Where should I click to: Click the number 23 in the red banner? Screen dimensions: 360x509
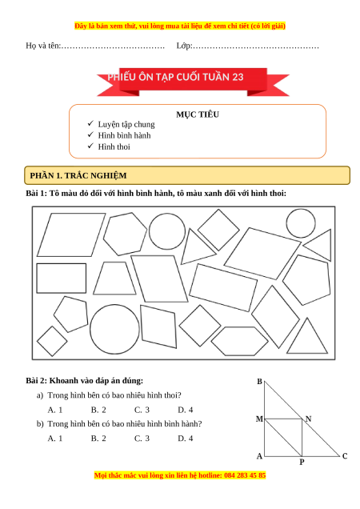[x=238, y=77]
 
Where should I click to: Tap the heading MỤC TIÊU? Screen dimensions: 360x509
[x=198, y=114]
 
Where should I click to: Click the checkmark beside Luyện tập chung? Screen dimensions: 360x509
[x=90, y=123]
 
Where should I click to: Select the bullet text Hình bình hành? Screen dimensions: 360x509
[x=124, y=135]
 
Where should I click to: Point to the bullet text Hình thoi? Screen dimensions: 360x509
[x=114, y=146]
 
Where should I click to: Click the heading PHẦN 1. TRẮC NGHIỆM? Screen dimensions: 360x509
[x=78, y=175]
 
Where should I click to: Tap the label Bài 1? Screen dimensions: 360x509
[x=36, y=193]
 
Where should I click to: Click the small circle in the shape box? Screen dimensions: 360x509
[x=301, y=209]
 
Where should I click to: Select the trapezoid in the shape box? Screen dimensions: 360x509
[x=114, y=263]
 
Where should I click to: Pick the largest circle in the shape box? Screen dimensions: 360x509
[x=114, y=305]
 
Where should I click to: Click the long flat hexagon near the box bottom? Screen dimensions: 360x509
[x=239, y=327]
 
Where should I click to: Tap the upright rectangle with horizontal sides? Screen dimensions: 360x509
[x=62, y=264]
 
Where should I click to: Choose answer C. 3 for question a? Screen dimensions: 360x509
[x=142, y=410]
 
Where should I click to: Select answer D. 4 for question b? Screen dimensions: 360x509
[x=186, y=439]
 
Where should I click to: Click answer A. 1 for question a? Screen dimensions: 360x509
[x=55, y=410]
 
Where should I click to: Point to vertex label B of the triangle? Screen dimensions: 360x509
[x=259, y=382]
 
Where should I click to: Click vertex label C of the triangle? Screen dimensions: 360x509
[x=345, y=456]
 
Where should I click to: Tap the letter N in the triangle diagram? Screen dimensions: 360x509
[x=308, y=419]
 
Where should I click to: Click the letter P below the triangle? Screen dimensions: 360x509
[x=302, y=462]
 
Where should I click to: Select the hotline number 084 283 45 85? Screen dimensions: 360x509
[x=245, y=475]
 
